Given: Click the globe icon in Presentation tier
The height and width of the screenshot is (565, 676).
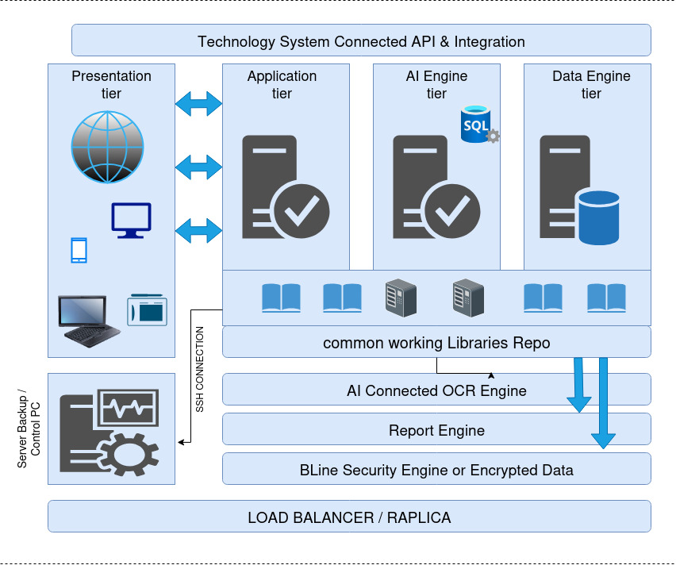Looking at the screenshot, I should (x=108, y=147).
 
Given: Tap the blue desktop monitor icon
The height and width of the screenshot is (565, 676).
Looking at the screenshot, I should (x=131, y=220).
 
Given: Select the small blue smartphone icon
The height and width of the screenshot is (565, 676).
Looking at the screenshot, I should (x=79, y=250).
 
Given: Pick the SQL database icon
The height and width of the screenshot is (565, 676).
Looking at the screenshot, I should (x=477, y=125).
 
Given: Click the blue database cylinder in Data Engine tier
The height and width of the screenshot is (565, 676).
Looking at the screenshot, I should (x=598, y=217).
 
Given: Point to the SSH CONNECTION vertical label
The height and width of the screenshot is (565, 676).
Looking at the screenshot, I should (x=200, y=369).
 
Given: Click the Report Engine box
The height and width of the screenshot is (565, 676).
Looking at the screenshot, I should (x=436, y=429).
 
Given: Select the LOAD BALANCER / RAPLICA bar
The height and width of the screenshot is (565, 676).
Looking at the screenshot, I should (x=349, y=517).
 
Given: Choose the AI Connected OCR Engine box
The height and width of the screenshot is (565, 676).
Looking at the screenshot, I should (x=436, y=390).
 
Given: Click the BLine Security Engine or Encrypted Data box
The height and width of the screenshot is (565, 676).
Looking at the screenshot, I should (x=436, y=469).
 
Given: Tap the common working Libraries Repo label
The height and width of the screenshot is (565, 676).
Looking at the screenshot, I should (x=436, y=342).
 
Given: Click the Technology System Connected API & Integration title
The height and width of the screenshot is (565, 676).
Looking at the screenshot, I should (x=361, y=40).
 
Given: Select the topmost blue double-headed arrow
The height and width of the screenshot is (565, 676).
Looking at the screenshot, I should (x=198, y=102).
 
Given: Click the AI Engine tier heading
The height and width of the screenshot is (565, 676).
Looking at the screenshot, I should (x=436, y=84).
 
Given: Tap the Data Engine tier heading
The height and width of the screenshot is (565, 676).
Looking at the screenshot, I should (x=591, y=84).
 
